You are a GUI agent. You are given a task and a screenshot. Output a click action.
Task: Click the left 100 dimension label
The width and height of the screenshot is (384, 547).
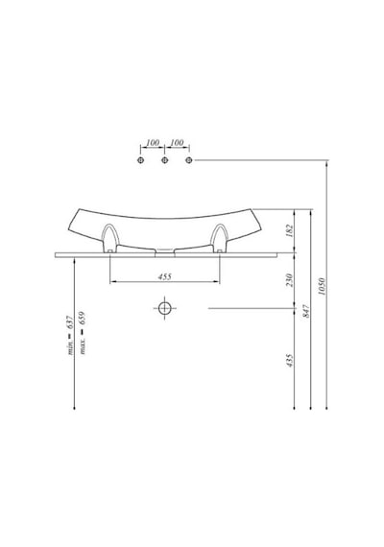click(153, 142)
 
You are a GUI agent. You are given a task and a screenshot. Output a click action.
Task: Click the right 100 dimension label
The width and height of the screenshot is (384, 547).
click(177, 142)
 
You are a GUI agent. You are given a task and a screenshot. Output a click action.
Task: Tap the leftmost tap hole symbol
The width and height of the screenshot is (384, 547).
click(141, 160)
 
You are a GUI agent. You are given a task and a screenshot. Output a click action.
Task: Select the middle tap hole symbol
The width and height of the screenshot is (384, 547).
click(165, 160)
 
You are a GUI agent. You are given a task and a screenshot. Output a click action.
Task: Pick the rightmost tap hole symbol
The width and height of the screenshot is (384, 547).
click(189, 160)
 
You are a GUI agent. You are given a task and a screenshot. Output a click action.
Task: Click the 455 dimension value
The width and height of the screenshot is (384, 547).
click(165, 276)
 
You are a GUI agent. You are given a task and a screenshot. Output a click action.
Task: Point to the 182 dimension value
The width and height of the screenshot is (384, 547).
click(290, 231)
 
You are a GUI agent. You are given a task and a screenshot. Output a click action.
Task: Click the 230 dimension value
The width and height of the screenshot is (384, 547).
click(290, 280)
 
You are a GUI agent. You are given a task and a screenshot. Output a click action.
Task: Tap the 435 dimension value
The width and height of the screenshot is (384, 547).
click(290, 361)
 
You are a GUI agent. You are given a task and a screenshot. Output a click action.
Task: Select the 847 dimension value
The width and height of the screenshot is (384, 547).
click(306, 311)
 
